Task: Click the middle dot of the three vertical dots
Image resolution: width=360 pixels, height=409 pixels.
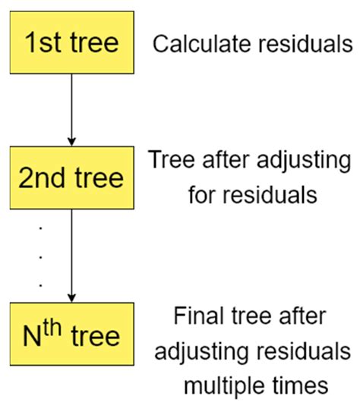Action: click(x=40, y=256)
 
